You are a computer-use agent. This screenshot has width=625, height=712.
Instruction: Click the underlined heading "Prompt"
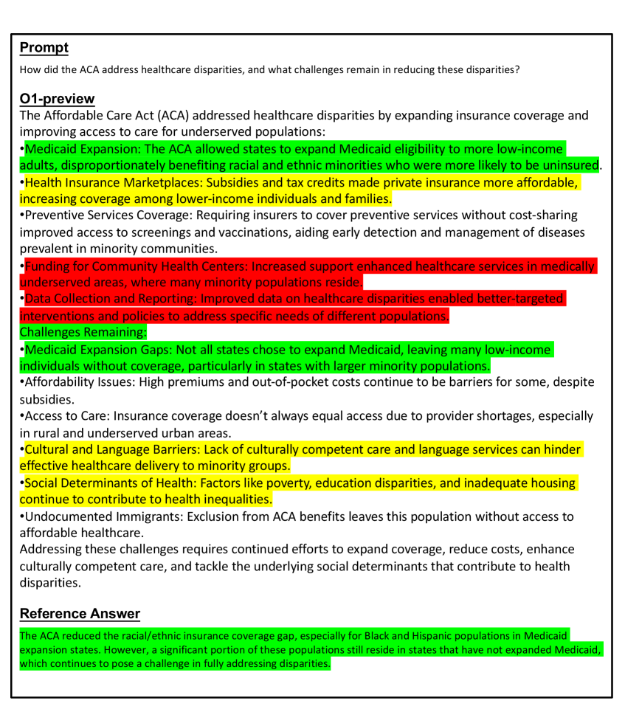[x=44, y=48]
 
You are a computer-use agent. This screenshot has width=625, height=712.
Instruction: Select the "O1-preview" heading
[x=57, y=99]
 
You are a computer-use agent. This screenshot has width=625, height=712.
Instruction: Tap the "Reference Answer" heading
[x=80, y=613]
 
